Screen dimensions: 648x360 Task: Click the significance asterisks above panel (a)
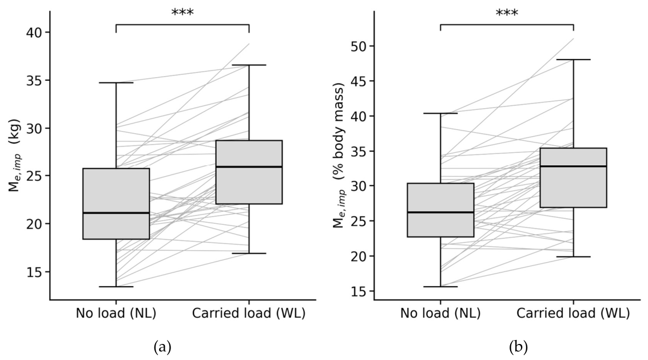tap(182, 13)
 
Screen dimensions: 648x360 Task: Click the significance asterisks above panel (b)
tap(507, 13)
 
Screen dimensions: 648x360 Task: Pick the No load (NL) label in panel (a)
tap(116, 313)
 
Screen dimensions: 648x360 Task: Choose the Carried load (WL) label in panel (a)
tap(249, 313)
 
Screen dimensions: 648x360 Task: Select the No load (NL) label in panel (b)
tap(440, 313)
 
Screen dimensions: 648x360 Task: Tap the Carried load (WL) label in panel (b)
tap(573, 313)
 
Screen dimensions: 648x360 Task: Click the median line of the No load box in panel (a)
tap(116, 213)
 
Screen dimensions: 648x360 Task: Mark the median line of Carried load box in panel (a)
tap(249, 167)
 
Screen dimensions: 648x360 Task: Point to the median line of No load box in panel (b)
tap(440, 212)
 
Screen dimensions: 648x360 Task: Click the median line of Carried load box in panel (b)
tap(573, 166)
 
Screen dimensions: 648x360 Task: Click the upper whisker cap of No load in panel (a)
tap(116, 83)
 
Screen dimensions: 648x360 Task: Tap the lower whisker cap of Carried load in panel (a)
tap(249, 253)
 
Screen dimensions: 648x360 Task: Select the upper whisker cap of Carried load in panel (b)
tap(573, 60)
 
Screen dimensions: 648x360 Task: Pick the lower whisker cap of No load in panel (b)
tap(440, 286)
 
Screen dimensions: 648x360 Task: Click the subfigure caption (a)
tap(162, 347)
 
